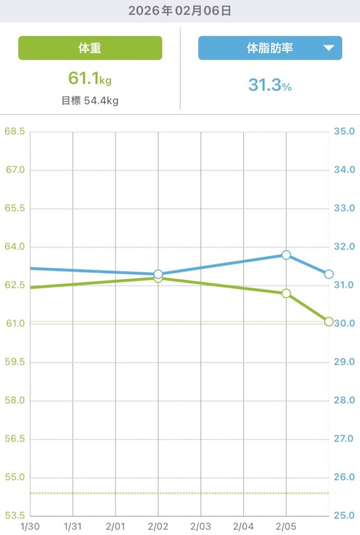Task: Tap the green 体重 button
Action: (x=90, y=48)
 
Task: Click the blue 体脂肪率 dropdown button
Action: (x=270, y=48)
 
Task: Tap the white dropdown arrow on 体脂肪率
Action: (x=328, y=48)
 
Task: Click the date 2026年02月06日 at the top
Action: (x=180, y=10)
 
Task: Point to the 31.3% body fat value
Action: (x=270, y=85)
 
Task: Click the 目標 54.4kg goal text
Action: (x=90, y=100)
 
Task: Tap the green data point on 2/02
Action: (x=158, y=278)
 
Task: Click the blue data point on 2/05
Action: (x=286, y=255)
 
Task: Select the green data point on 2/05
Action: (x=286, y=294)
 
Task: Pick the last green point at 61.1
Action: (x=329, y=321)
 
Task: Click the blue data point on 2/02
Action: (x=158, y=274)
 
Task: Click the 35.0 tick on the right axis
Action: (x=345, y=131)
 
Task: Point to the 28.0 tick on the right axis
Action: (x=345, y=400)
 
